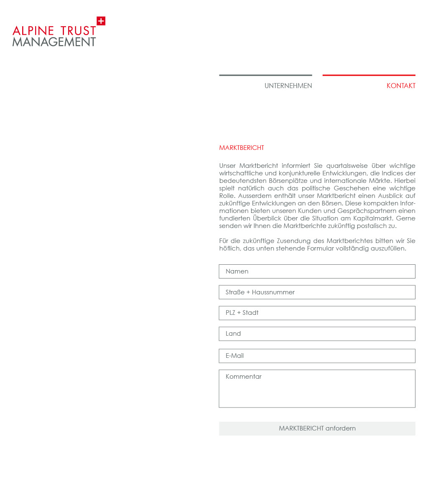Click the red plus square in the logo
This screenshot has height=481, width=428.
click(x=101, y=21)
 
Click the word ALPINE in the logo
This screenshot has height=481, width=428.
click(x=33, y=31)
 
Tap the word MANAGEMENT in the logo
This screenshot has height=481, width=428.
click(x=54, y=42)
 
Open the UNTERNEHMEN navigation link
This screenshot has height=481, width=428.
click(x=288, y=86)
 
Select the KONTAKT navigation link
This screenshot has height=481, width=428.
click(x=401, y=86)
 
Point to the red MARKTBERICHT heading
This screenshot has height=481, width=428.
click(x=242, y=148)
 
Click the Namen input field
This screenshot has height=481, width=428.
click(x=317, y=271)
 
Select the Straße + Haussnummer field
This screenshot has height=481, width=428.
click(x=317, y=292)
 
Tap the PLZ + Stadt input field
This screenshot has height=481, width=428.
click(x=317, y=313)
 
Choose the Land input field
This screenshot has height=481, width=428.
click(x=317, y=334)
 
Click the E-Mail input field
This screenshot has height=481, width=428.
click(x=317, y=356)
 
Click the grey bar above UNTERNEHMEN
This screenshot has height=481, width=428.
click(x=265, y=75)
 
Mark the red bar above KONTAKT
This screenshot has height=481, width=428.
click(x=369, y=75)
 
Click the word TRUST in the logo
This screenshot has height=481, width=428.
click(x=78, y=31)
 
